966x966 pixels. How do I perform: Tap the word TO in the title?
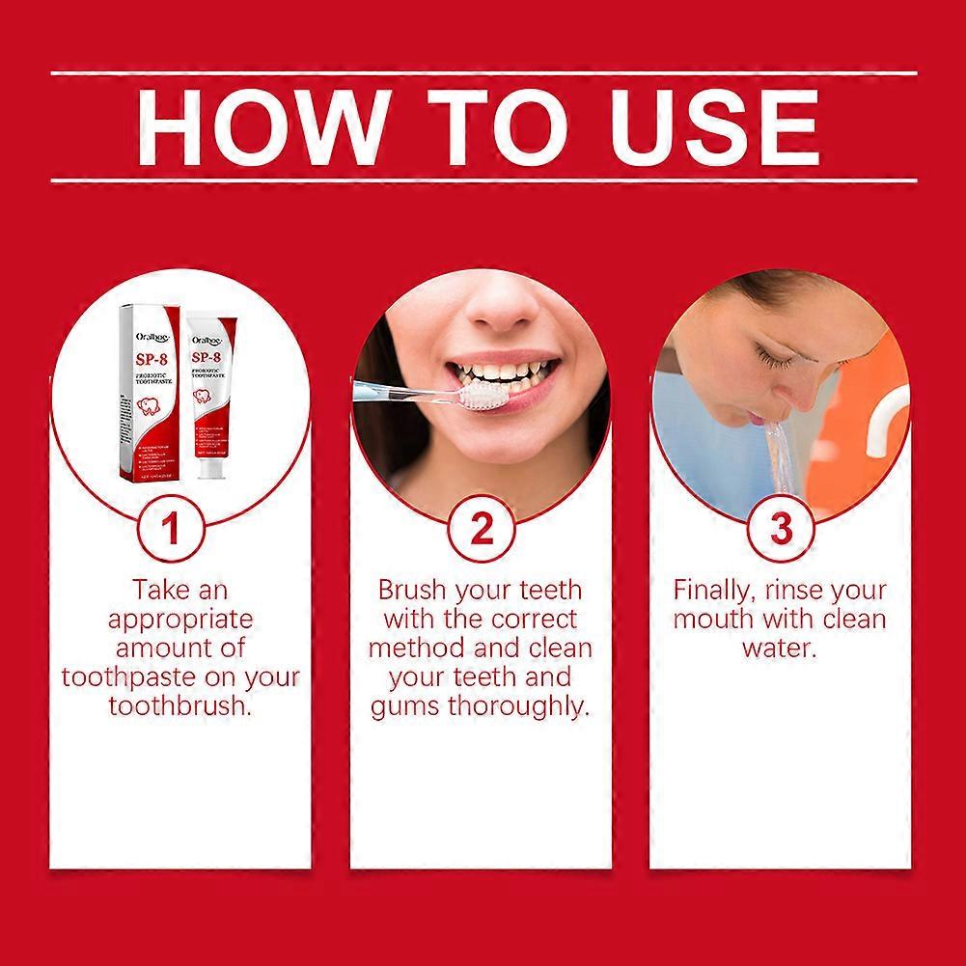click(x=488, y=126)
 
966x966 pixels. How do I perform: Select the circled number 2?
click(x=482, y=529)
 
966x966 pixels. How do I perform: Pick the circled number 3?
click(x=781, y=529)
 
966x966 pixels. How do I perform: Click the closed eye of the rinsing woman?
click(x=774, y=359)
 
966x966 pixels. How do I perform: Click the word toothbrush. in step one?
click(x=180, y=705)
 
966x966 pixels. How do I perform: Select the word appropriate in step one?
click(x=180, y=619)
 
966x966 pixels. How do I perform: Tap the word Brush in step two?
click(x=416, y=590)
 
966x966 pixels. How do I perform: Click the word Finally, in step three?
click(x=713, y=590)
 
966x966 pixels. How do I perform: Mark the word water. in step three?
click(x=780, y=648)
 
